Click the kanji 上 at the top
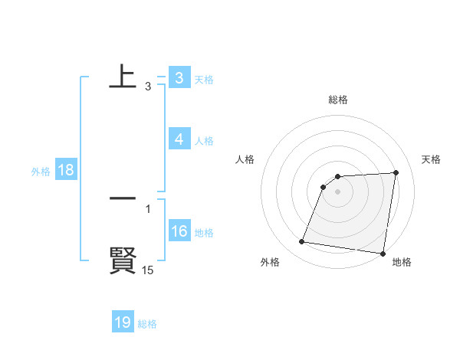(123, 77)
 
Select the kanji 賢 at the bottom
(123, 260)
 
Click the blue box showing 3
(179, 78)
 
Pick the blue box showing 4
(179, 140)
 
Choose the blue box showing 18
(65, 171)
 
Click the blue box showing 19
(123, 323)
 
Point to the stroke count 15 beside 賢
(147, 270)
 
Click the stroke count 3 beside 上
(147, 87)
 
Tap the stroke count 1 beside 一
(147, 209)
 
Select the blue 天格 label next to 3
(204, 80)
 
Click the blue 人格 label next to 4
(204, 141)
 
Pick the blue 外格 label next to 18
(41, 172)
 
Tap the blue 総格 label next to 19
(147, 324)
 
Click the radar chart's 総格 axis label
(337, 100)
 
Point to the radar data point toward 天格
(396, 172)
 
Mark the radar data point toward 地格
(382, 254)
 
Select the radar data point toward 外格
(302, 242)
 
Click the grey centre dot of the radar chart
(337, 191)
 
